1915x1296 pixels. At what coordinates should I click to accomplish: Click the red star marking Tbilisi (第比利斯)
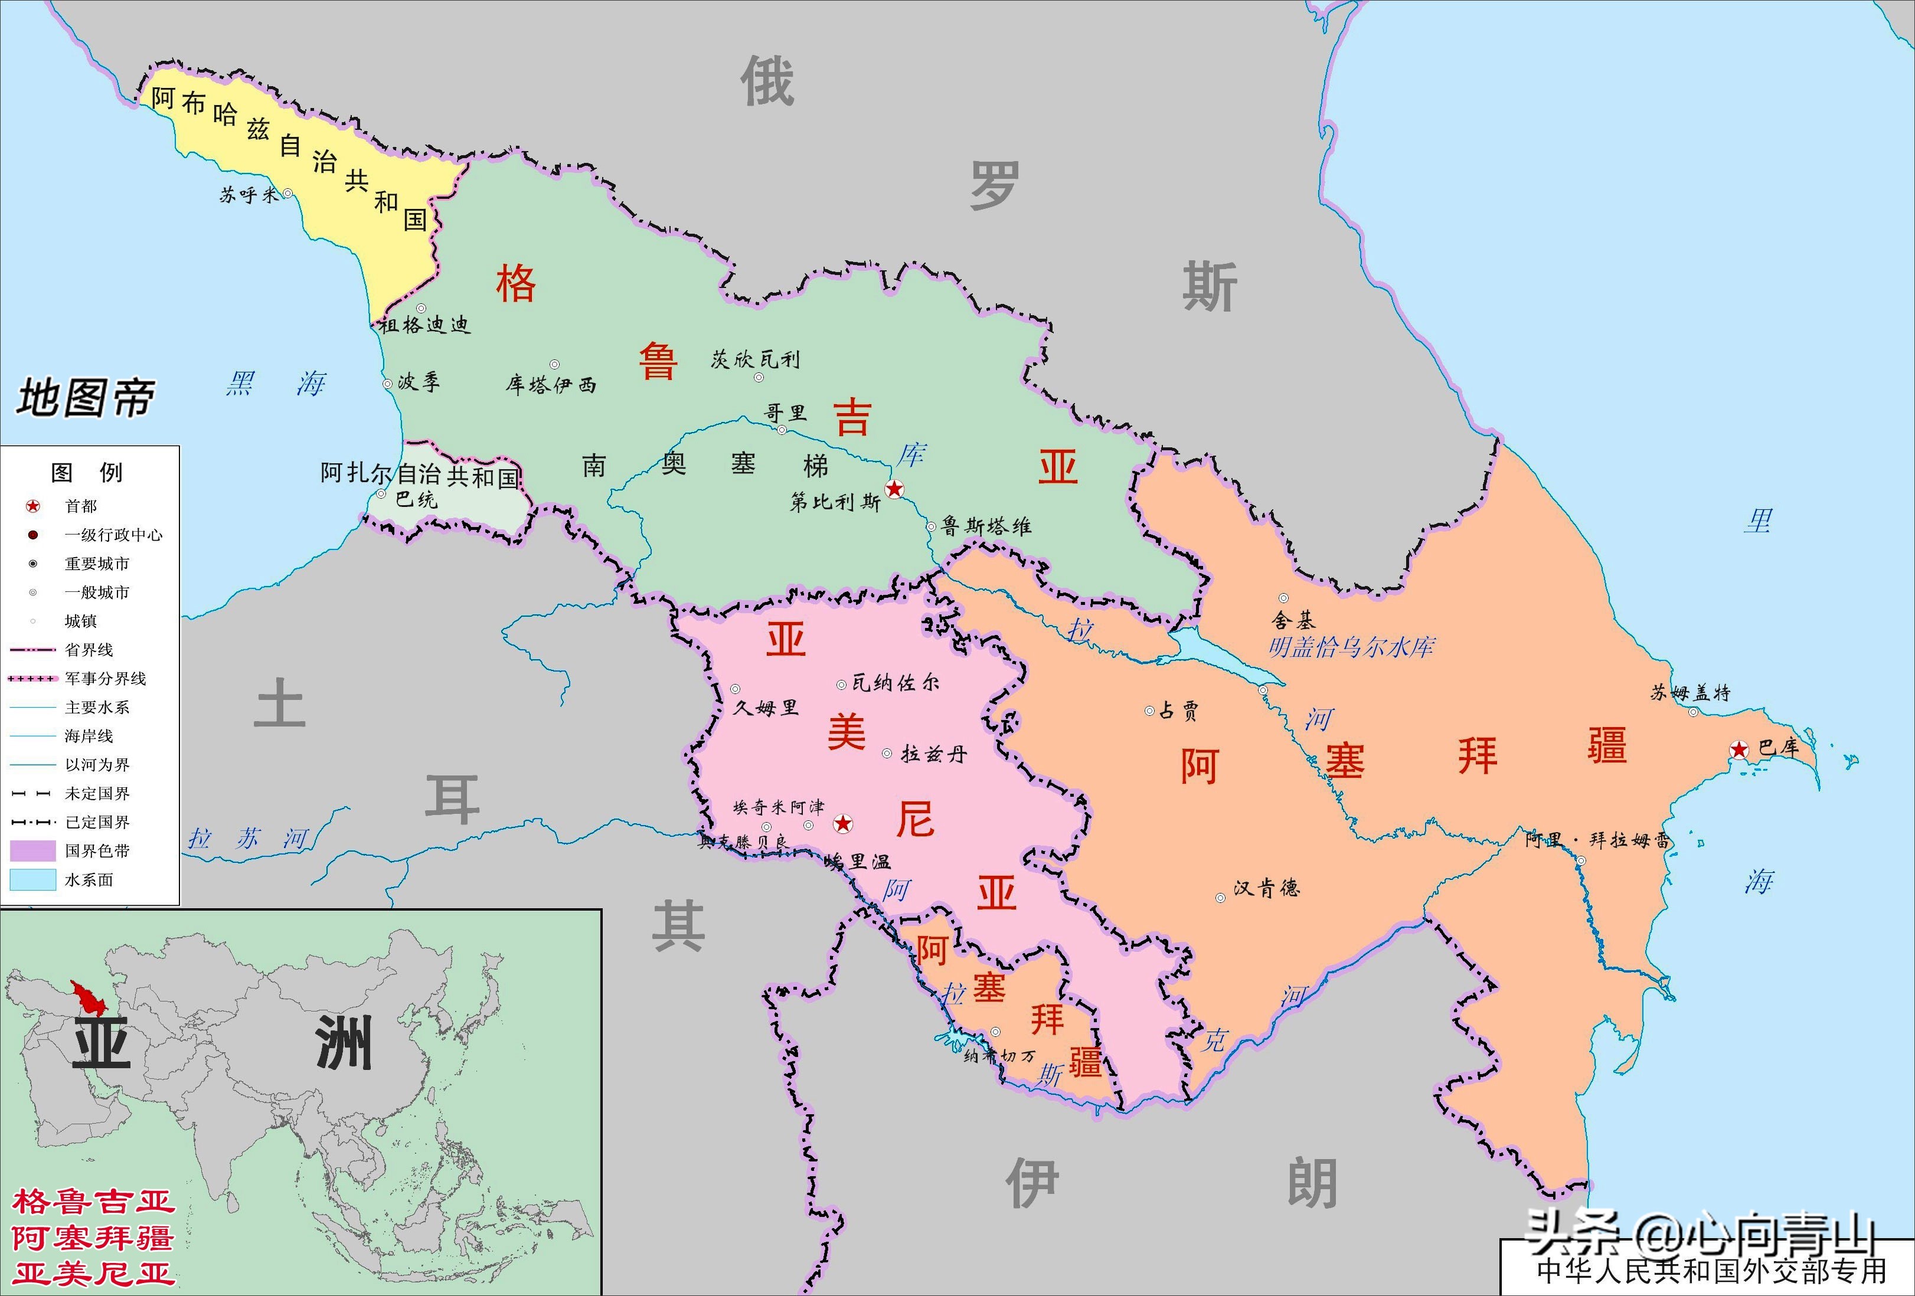point(894,489)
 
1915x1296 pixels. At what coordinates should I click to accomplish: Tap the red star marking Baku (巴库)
point(1738,749)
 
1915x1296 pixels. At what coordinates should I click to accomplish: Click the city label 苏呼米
point(249,195)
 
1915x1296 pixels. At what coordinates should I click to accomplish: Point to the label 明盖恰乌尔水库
point(1351,647)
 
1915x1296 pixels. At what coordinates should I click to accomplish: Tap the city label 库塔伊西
point(550,385)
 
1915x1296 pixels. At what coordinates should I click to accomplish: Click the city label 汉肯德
point(1266,888)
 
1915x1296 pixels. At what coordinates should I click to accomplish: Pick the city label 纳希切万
point(999,1055)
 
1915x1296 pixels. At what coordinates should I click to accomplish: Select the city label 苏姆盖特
point(1690,693)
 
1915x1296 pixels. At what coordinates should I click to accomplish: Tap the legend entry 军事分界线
point(104,679)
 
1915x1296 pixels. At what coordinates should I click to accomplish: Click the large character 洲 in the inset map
point(344,1043)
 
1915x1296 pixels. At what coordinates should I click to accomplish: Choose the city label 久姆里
point(766,707)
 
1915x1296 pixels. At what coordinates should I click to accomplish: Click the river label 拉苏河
point(248,839)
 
